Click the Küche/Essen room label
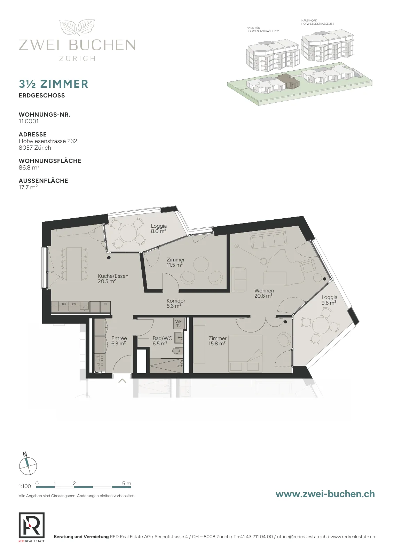click(113, 278)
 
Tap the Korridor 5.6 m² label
click(176, 303)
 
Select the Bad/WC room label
click(162, 341)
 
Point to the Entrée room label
click(119, 341)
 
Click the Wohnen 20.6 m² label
click(264, 293)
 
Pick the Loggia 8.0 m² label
click(159, 228)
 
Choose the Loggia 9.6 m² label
click(329, 300)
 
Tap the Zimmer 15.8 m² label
click(217, 341)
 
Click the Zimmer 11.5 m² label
click(175, 262)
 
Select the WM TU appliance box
click(179, 324)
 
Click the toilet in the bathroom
click(177, 351)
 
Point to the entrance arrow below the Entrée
click(122, 381)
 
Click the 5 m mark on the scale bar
click(127, 484)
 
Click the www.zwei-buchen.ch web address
click(325, 499)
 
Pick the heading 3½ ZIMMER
click(54, 84)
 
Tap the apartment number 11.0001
click(29, 121)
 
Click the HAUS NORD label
click(309, 21)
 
